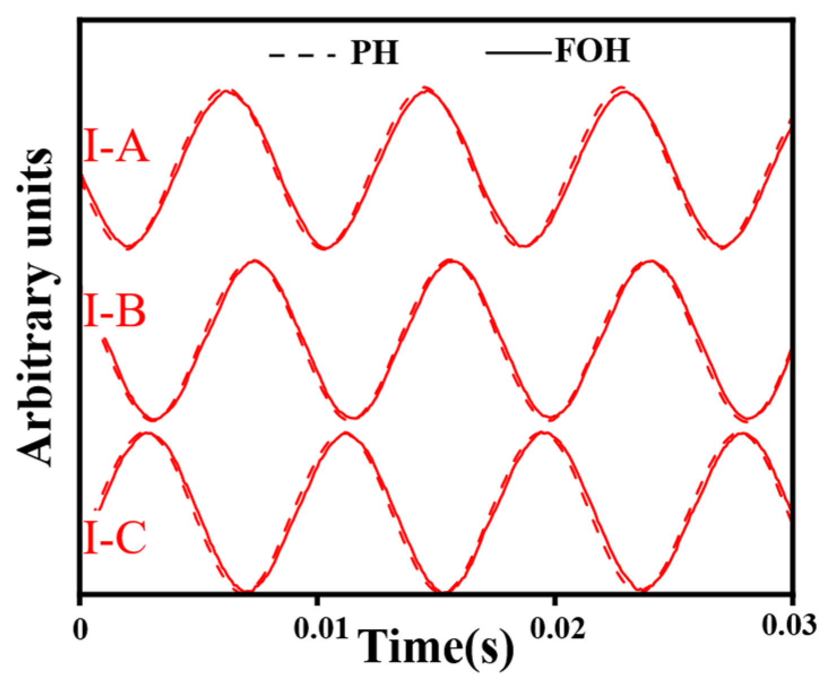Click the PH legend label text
(375, 54)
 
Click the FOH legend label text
(592, 50)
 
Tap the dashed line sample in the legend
(302, 55)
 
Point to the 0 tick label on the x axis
(81, 630)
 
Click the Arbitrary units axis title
(35, 308)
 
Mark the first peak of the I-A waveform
(226, 90)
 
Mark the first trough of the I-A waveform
(129, 247)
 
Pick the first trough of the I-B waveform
(153, 420)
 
